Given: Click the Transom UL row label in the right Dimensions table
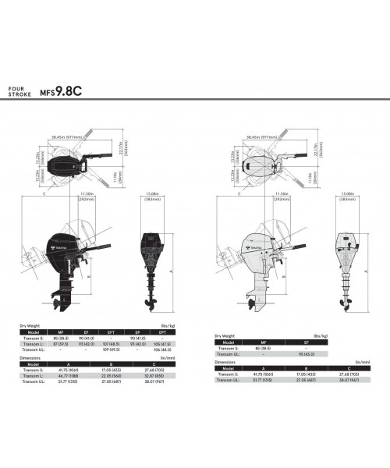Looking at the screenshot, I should [x=230, y=382].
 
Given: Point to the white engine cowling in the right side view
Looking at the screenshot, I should [x=262, y=244].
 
